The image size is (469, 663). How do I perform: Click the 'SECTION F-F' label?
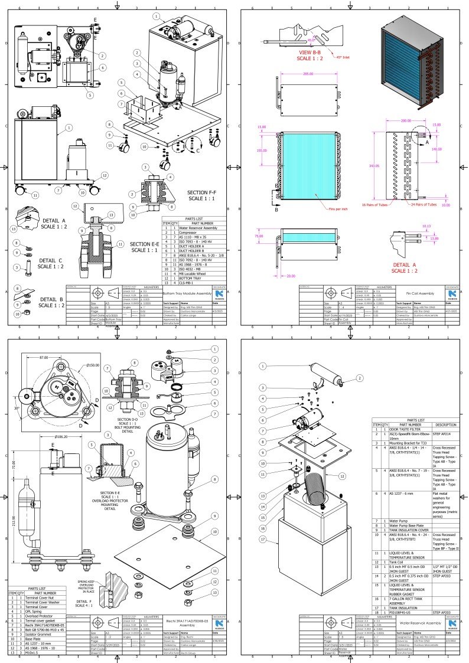[203, 193]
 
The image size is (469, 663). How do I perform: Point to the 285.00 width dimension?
[308, 74]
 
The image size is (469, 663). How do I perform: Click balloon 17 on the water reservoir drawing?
[261, 540]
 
